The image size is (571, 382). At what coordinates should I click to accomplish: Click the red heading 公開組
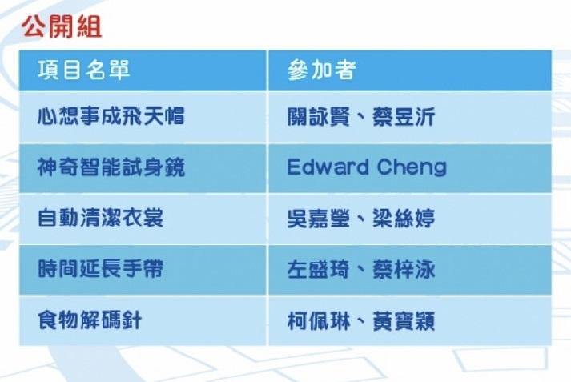(x=62, y=27)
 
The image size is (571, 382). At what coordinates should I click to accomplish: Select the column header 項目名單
(x=84, y=70)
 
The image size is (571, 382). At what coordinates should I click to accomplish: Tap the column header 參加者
(x=322, y=70)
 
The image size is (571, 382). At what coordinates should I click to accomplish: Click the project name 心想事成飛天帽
(x=111, y=117)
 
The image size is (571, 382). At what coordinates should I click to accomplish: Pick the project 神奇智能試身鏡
(x=111, y=167)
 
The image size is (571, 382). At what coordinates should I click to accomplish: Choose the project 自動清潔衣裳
(x=101, y=218)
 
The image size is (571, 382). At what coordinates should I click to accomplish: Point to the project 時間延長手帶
(x=101, y=269)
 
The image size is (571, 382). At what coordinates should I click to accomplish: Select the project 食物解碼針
(x=90, y=320)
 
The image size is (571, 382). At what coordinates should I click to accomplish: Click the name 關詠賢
(x=319, y=117)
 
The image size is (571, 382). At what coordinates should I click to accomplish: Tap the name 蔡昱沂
(x=404, y=117)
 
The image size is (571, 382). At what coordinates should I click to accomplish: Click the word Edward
(x=328, y=167)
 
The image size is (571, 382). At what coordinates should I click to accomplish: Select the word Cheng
(x=412, y=168)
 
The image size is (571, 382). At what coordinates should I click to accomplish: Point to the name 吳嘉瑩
(x=319, y=218)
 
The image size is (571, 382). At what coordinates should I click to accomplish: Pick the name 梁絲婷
(x=404, y=218)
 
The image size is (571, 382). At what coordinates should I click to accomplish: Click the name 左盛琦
(x=319, y=269)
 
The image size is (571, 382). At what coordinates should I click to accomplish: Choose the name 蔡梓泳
(x=404, y=269)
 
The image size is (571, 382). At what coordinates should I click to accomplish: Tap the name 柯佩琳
(x=319, y=321)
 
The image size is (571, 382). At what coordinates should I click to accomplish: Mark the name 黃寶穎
(x=404, y=321)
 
